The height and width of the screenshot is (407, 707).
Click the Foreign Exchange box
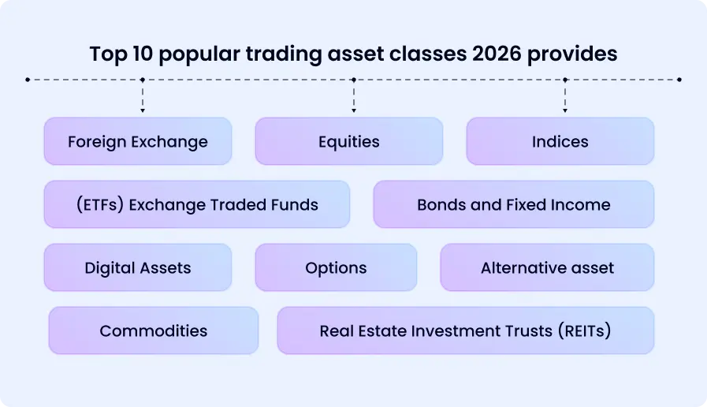pyautogui.click(x=138, y=142)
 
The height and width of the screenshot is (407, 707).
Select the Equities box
pyautogui.click(x=348, y=142)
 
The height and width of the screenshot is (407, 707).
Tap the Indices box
pyautogui.click(x=560, y=142)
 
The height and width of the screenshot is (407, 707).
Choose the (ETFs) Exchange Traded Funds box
pyautogui.click(x=197, y=205)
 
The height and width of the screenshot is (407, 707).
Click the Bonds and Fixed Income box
pyautogui.click(x=513, y=205)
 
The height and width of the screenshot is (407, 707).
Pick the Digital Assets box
pyautogui.click(x=138, y=267)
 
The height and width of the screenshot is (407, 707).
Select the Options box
pyautogui.click(x=336, y=267)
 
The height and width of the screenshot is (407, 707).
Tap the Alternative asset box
pyautogui.click(x=547, y=267)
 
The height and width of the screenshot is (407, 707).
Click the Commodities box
pyautogui.click(x=154, y=330)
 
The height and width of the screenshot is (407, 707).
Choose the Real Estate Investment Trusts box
pyautogui.click(x=465, y=330)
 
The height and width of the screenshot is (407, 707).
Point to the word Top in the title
pyautogui.click(x=106, y=54)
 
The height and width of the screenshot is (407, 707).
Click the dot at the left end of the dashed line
pyautogui.click(x=28, y=80)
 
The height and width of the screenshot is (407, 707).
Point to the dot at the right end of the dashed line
pyautogui.click(x=679, y=80)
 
